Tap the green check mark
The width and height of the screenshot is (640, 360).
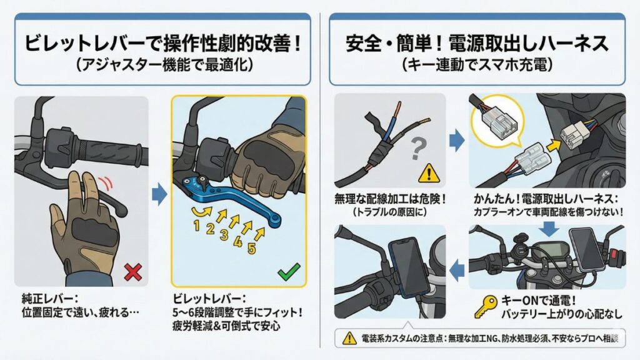pos(288,271)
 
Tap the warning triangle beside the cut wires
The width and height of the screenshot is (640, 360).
pos(427,172)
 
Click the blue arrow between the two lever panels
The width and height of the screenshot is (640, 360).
pos(159,196)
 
